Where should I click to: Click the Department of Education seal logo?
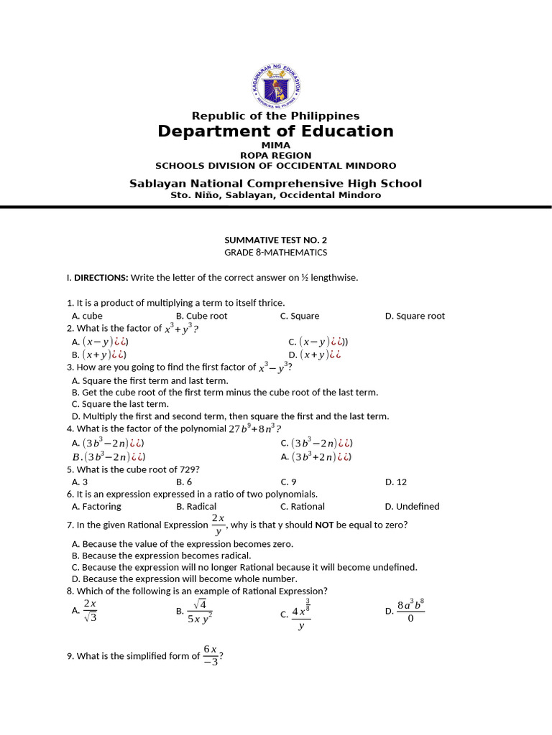276,85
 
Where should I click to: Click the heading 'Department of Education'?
276,131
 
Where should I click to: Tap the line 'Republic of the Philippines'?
276,116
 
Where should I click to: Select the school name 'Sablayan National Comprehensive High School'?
276,183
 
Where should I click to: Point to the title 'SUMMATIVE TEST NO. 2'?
276,240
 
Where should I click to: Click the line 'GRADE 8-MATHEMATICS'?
276,252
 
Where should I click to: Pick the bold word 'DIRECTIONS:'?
101,277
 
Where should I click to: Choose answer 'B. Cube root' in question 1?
201,316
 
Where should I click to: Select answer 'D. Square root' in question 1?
415,316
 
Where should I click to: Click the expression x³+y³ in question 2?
179,328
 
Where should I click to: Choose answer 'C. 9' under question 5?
288,482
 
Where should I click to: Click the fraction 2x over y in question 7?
218,525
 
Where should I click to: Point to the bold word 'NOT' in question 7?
324,525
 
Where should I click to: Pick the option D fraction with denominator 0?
410,612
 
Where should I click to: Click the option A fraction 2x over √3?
90,611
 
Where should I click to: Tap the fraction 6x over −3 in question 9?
210,655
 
